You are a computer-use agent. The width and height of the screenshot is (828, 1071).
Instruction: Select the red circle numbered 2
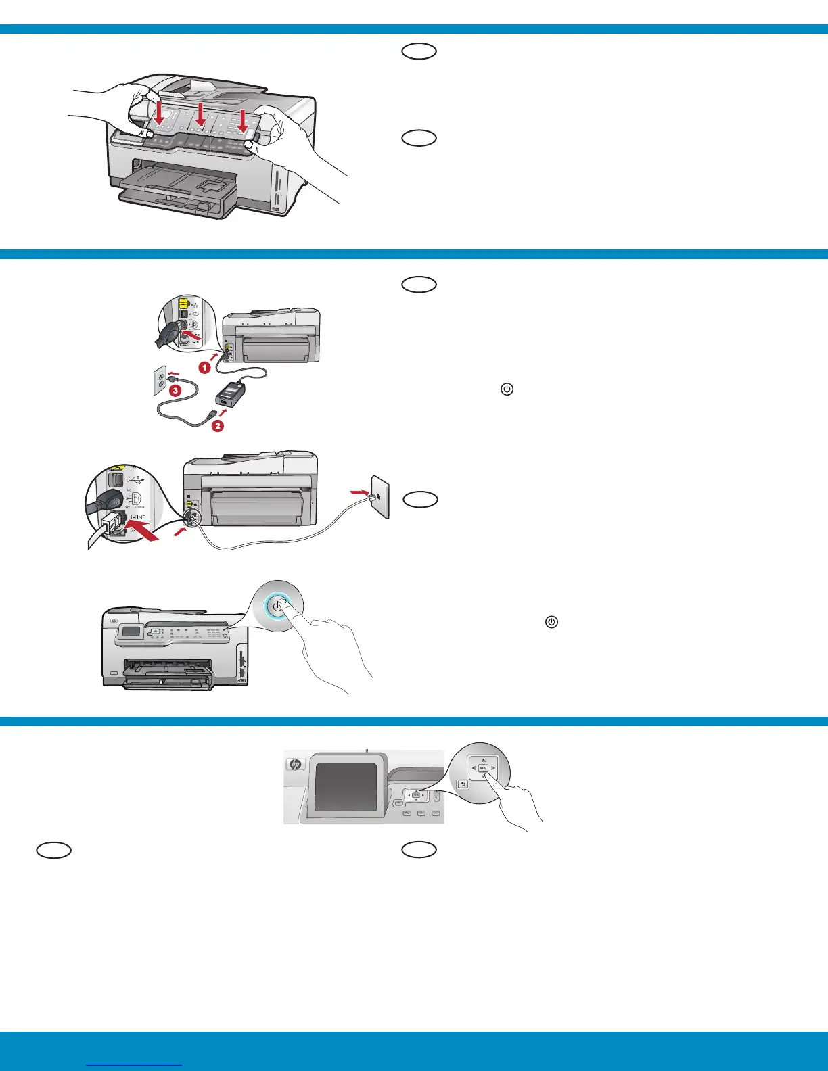(217, 426)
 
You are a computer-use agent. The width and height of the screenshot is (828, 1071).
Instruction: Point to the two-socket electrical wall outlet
(160, 382)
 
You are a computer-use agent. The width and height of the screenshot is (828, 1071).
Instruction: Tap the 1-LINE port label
(137, 518)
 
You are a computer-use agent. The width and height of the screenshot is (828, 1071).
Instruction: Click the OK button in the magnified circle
(483, 768)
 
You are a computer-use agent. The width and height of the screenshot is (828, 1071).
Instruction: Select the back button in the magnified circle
(463, 784)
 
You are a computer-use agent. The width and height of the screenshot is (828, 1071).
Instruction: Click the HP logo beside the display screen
(295, 764)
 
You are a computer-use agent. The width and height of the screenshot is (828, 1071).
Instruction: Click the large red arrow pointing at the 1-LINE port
(144, 539)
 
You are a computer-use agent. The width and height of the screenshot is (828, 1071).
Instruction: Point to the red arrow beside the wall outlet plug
(175, 373)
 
